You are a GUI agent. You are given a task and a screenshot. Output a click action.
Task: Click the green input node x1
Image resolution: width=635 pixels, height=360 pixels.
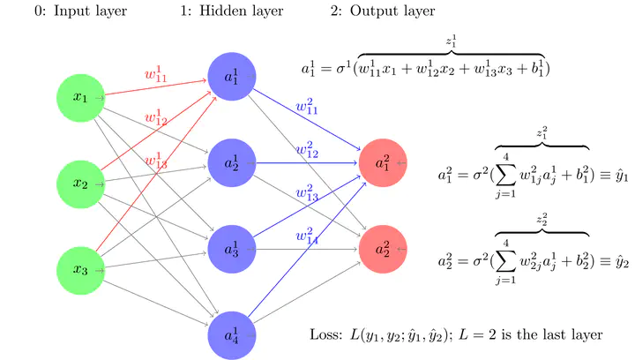coord(80,97)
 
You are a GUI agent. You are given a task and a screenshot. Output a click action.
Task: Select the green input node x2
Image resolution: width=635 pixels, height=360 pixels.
coord(80,184)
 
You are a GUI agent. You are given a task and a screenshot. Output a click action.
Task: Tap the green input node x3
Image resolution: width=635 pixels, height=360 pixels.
coord(80,269)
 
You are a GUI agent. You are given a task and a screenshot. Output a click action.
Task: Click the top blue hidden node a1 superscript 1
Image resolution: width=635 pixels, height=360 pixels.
coord(232,78)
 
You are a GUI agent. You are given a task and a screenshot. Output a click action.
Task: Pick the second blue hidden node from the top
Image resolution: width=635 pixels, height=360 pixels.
coord(232,163)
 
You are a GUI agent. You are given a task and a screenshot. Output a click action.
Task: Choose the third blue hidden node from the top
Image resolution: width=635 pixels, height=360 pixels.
coord(232,249)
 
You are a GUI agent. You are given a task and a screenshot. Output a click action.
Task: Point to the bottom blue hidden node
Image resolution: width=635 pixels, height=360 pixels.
coord(232,334)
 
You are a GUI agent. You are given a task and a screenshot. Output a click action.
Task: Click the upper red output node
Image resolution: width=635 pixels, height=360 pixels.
coord(384,163)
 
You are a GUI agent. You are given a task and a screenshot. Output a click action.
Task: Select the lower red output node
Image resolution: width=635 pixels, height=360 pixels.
coord(384,249)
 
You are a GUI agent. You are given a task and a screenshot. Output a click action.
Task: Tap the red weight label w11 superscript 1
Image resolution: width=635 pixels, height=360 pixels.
coord(157,74)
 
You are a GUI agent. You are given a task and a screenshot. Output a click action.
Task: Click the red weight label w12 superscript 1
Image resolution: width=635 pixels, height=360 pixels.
coord(156,117)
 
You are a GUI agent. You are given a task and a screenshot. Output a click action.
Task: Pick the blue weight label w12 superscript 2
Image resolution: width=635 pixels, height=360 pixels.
coord(309,150)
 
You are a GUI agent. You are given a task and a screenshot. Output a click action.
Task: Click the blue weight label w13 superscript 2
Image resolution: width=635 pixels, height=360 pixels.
coord(309,193)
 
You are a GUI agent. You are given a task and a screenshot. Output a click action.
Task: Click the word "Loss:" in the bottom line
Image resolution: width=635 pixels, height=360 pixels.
coord(328,335)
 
